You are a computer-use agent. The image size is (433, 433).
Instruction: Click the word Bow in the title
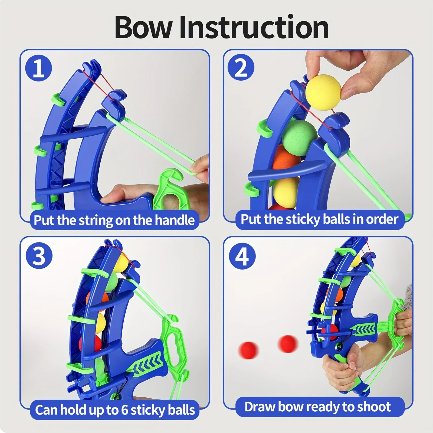tap(143, 28)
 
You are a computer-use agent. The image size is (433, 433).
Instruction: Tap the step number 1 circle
tap(38, 68)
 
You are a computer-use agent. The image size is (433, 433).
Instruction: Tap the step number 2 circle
tap(241, 68)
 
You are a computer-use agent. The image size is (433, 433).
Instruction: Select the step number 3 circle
tap(39, 256)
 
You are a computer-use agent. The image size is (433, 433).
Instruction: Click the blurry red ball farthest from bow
tap(248, 350)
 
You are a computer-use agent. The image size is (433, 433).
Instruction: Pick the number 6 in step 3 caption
tap(124, 410)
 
